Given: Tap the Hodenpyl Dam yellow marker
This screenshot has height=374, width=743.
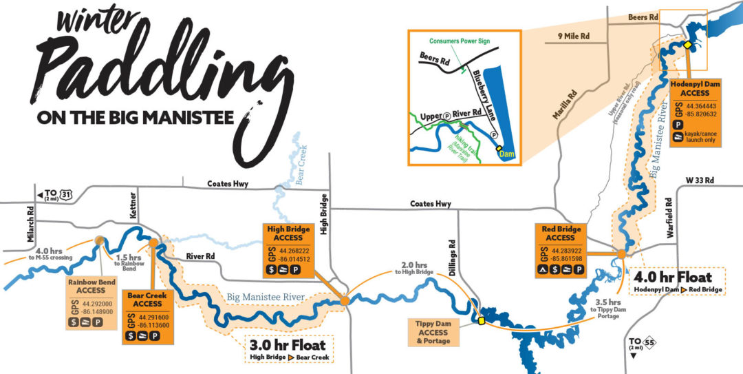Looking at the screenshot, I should pos(687,45).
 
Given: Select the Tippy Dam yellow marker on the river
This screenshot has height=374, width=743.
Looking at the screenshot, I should pos(482,320).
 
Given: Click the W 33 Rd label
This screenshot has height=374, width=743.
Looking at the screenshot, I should pos(700,180).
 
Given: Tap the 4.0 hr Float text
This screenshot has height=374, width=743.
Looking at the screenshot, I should pos(675,277).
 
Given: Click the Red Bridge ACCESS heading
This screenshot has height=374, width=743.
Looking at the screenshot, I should pos(560,233).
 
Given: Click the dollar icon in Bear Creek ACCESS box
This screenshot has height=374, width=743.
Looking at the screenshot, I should pos(130,336).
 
